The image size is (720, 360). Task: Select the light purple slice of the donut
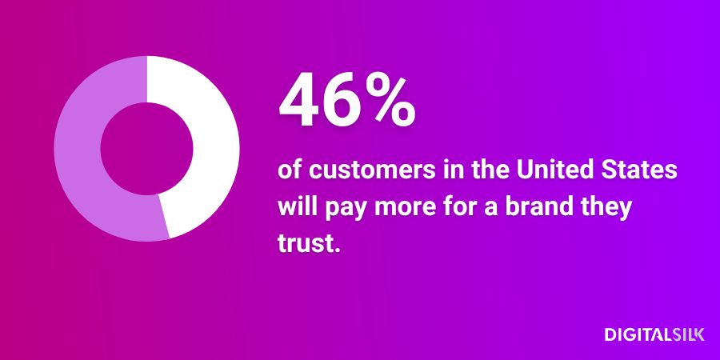coord(78,151)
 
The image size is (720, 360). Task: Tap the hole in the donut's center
coord(147,149)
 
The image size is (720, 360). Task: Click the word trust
coord(308,243)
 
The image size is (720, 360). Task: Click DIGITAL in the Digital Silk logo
coord(638,334)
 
